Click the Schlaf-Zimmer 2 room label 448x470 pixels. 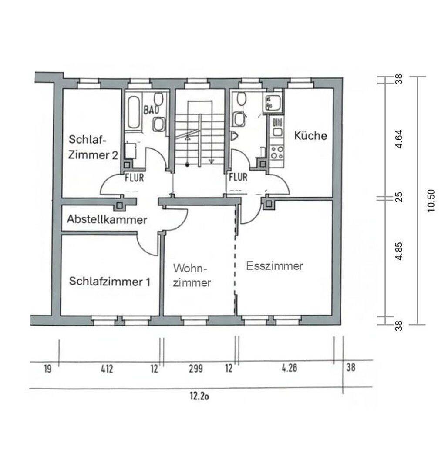click(93, 147)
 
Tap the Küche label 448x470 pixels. click(310, 135)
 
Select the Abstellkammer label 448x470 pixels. click(107, 219)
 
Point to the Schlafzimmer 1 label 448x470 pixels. click(109, 281)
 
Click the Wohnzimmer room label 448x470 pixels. click(192, 275)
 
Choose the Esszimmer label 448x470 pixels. click(274, 265)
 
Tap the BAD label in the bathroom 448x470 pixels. click(151, 110)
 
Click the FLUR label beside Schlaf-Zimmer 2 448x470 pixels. click(135, 178)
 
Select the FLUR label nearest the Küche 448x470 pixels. click(238, 177)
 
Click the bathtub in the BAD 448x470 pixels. click(134, 112)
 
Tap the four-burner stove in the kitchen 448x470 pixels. click(277, 152)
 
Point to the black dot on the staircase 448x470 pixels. click(187, 164)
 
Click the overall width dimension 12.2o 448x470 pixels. click(199, 396)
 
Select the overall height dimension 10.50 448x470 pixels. click(431, 201)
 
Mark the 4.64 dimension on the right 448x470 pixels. click(399, 139)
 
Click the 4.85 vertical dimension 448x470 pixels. click(399, 251)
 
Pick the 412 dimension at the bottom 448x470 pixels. click(107, 369)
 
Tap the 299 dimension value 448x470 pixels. click(196, 369)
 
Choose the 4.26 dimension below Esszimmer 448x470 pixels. click(290, 368)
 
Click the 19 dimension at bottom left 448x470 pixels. click(48, 369)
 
